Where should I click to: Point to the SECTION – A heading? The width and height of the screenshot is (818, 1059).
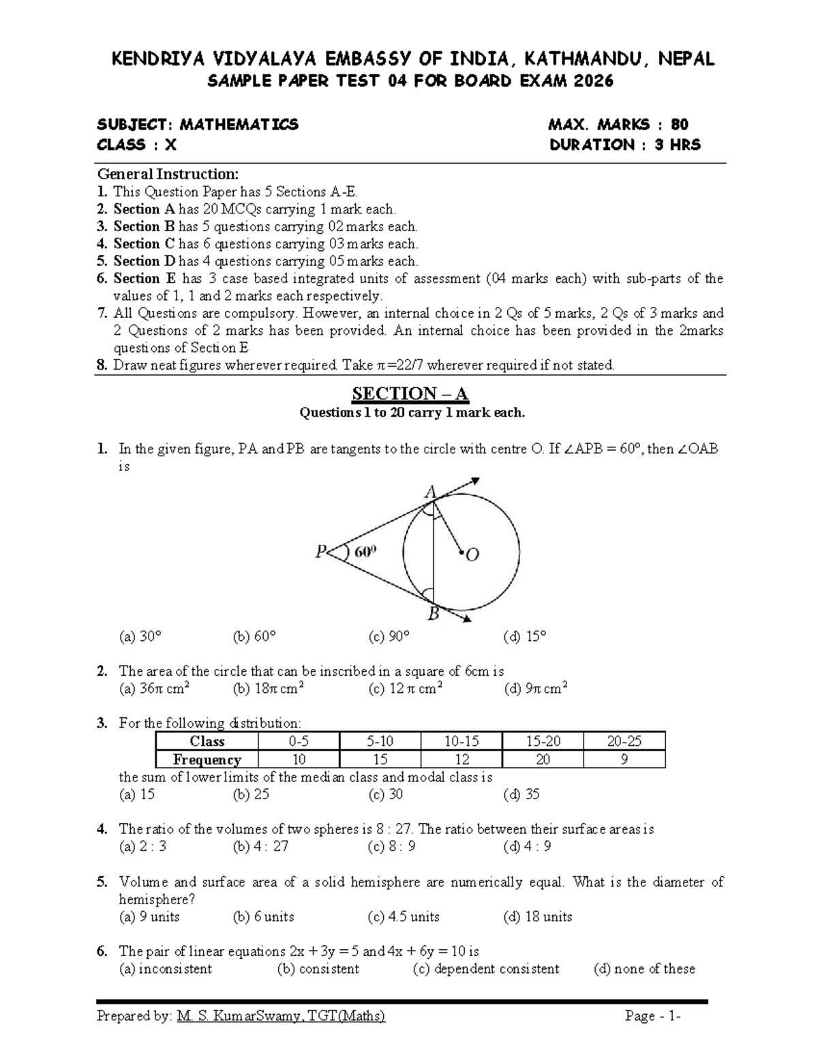(x=410, y=393)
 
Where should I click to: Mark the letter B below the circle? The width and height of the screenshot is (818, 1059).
(x=433, y=614)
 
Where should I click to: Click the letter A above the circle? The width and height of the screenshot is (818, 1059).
(x=431, y=492)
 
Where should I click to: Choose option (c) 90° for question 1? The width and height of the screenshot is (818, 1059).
(x=389, y=637)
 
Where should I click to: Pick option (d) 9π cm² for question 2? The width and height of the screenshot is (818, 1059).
(x=536, y=689)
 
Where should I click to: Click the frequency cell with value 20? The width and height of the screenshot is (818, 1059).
(x=543, y=759)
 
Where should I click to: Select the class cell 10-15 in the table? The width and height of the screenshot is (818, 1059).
(x=461, y=741)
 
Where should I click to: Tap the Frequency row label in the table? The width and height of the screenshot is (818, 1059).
(x=207, y=759)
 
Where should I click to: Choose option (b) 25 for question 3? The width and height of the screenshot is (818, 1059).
(x=252, y=794)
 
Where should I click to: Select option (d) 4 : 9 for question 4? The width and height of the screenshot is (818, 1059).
(x=528, y=847)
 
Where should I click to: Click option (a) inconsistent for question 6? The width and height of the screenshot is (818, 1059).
(x=166, y=969)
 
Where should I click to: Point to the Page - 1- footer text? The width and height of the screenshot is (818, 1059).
(x=652, y=1017)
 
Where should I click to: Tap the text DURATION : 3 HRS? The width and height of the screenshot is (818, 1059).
(x=624, y=145)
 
